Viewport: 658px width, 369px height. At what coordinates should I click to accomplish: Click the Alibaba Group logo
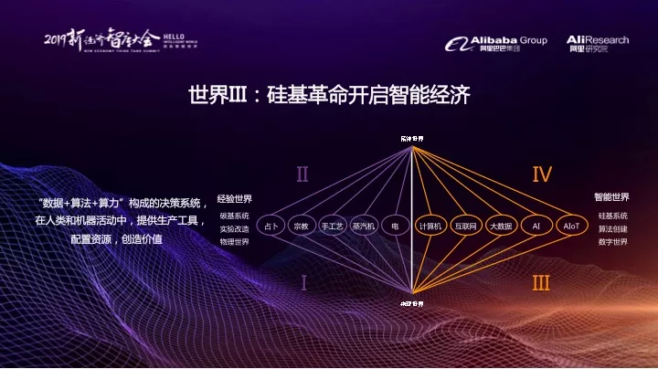[x=496, y=44]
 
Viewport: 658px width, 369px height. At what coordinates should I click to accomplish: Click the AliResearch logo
[x=598, y=44]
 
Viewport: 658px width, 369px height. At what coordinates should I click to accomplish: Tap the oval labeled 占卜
[x=271, y=226]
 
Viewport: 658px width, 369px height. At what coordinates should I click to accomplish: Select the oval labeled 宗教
[x=302, y=226]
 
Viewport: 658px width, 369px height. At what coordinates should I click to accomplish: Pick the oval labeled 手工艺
[x=333, y=226]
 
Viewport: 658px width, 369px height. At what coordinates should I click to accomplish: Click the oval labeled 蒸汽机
[x=364, y=226]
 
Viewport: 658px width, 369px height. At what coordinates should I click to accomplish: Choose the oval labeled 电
[x=395, y=226]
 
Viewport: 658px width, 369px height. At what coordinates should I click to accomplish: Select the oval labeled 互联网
[x=466, y=226]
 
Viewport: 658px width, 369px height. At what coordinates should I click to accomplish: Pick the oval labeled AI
[x=536, y=226]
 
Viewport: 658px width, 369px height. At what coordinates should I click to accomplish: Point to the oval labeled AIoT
[x=571, y=226]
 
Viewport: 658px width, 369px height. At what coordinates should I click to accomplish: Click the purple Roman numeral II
[x=302, y=174]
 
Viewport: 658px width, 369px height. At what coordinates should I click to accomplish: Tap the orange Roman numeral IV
[x=542, y=174]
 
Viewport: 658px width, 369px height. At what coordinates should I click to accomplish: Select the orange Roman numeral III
[x=542, y=283]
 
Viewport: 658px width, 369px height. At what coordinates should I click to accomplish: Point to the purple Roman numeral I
[x=303, y=283]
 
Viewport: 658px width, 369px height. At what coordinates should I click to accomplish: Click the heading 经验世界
[x=234, y=199]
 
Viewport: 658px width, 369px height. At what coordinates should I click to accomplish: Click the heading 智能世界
[x=611, y=196]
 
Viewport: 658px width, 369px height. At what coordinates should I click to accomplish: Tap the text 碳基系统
[x=234, y=216]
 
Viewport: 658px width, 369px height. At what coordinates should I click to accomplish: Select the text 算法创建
[x=612, y=228]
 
